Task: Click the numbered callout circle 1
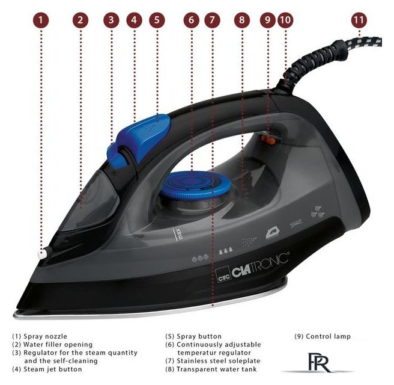(41, 20)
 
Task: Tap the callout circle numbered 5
(157, 20)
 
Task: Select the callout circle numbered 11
(359, 20)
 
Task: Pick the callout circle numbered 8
(242, 20)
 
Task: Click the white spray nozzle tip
(41, 254)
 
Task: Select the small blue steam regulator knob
(117, 156)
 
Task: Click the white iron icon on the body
(273, 233)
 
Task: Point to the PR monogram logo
(318, 363)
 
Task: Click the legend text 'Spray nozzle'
(45, 336)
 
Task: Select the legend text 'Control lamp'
(328, 336)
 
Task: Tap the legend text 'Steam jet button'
(53, 369)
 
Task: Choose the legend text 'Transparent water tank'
(217, 369)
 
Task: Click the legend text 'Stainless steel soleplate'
(219, 361)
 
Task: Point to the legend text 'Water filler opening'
(58, 345)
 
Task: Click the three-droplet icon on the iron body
(225, 251)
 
